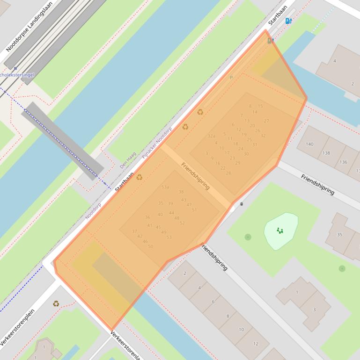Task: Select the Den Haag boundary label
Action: click(x=127, y=159)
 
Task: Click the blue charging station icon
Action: click(x=288, y=21)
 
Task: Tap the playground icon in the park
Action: click(x=280, y=230)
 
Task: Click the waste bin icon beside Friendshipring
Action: click(x=242, y=204)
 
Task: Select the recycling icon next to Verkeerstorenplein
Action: click(x=56, y=303)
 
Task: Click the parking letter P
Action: click(x=231, y=78)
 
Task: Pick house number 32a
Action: click(x=212, y=136)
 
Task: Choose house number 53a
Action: click(x=165, y=187)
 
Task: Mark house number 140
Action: click(x=309, y=144)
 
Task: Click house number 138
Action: click(x=326, y=153)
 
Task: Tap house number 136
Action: click(x=343, y=162)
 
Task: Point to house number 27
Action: click(x=266, y=121)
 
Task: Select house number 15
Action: click(x=260, y=106)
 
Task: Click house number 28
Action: click(x=228, y=173)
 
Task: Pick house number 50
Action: click(x=150, y=246)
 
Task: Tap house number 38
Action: click(x=181, y=192)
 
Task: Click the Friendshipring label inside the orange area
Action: click(x=195, y=176)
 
